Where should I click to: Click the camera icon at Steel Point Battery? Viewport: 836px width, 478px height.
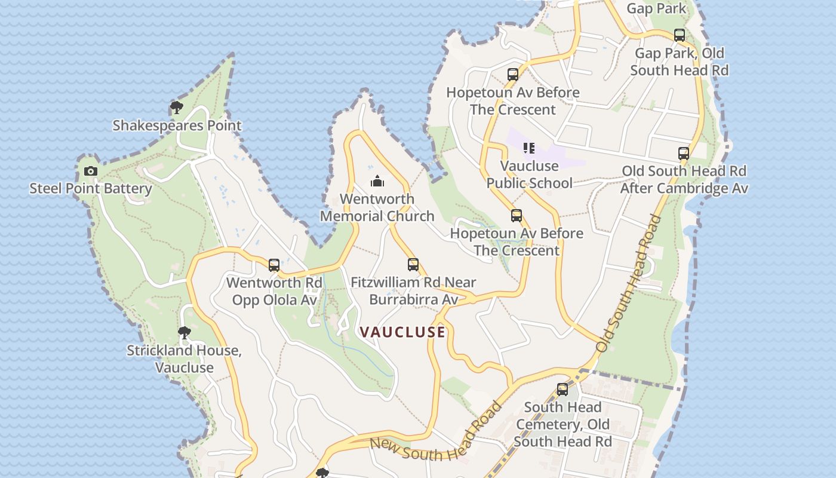tap(91, 171)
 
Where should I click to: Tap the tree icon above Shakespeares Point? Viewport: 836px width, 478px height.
tap(176, 108)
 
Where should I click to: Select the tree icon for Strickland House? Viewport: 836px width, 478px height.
tap(185, 332)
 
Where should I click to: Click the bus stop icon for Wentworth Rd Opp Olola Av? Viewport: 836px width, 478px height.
tap(274, 265)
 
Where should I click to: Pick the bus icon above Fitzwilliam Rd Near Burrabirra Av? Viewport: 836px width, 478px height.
tap(413, 264)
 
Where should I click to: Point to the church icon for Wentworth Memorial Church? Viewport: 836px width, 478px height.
tap(377, 181)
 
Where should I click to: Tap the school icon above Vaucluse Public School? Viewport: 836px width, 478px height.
tap(529, 148)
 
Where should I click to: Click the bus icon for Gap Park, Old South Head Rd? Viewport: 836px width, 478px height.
tap(680, 35)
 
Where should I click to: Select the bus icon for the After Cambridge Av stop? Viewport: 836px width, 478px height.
tap(684, 154)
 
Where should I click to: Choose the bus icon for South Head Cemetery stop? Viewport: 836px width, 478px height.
tap(563, 390)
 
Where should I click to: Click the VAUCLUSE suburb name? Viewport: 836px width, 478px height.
tap(402, 332)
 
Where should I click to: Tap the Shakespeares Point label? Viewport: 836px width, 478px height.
tap(177, 125)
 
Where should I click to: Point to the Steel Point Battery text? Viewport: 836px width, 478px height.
tap(91, 189)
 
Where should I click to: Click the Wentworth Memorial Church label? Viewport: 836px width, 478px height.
tap(377, 207)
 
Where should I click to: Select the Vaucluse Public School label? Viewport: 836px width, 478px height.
tap(530, 174)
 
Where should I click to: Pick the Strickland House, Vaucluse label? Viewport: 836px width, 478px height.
tap(185, 358)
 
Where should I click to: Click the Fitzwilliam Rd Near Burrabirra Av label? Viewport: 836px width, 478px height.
tap(413, 290)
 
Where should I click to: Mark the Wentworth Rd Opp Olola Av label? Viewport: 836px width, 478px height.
tap(274, 291)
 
